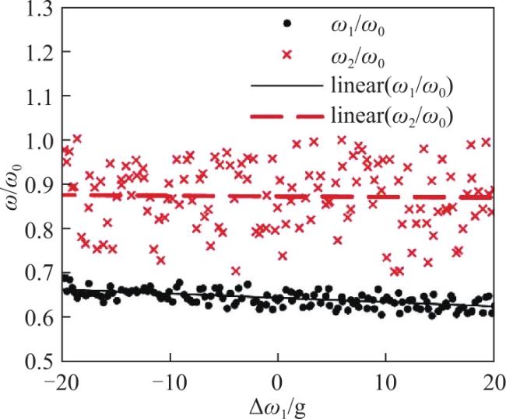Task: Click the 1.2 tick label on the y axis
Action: tap(38, 51)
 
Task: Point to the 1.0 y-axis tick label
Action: tap(38, 140)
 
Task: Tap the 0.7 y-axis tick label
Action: tap(38, 273)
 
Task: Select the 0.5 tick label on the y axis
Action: tap(38, 361)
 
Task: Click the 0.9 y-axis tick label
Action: tap(38, 184)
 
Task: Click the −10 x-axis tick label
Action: tap(170, 382)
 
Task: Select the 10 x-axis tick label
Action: tap(385, 382)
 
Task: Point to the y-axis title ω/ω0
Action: tap(13, 187)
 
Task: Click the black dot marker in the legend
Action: tap(286, 23)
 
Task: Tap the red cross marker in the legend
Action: tap(286, 55)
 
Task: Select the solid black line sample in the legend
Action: tap(286, 86)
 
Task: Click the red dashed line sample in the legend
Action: tap(286, 117)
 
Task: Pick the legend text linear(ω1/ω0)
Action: tap(392, 86)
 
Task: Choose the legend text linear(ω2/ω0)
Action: tap(392, 117)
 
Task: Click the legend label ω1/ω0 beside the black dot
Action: tap(357, 27)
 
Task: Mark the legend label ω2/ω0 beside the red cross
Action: tap(357, 58)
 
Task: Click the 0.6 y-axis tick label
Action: tap(38, 317)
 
